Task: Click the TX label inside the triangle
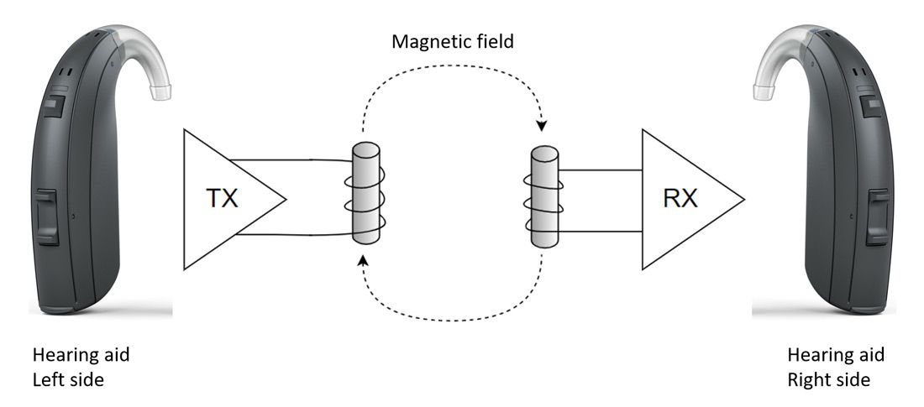tap(222, 200)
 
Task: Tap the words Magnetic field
tap(453, 40)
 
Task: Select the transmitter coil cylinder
tap(366, 193)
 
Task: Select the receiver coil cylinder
tap(544, 197)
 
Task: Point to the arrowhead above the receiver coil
tap(542, 127)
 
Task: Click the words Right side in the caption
tap(828, 379)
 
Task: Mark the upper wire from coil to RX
tap(601, 171)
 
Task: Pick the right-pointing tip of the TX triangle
tap(286, 199)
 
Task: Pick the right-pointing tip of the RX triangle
tap(743, 199)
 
